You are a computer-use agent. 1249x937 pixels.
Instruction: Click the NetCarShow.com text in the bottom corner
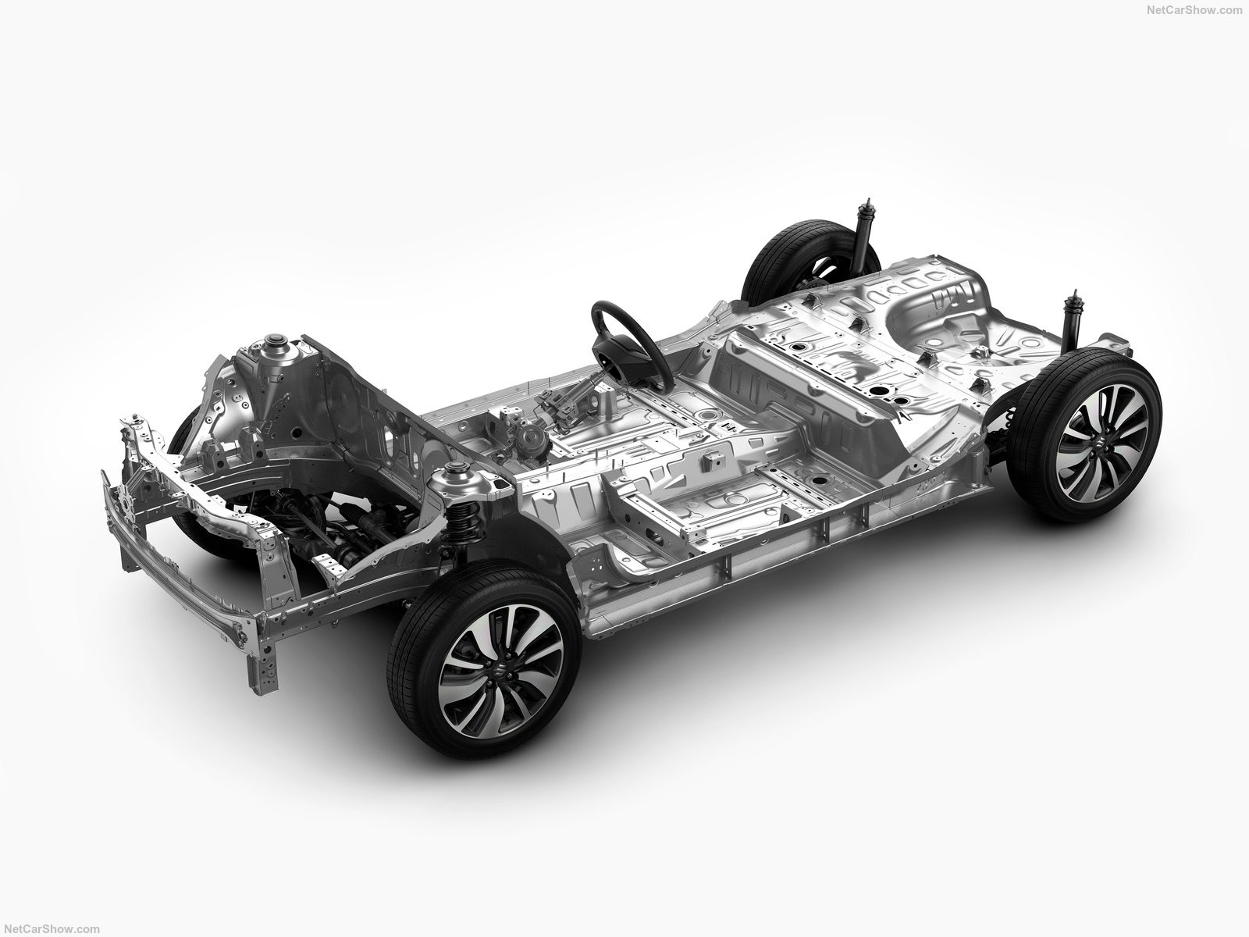click(52, 929)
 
